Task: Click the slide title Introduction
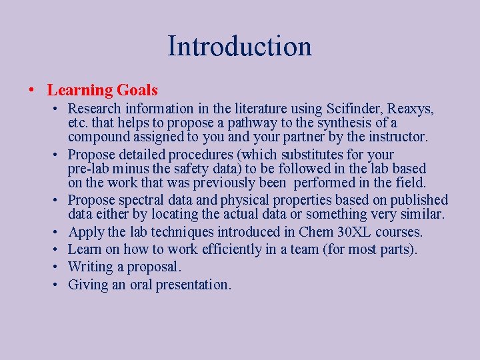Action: [x=239, y=47]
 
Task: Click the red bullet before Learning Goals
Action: [x=33, y=90]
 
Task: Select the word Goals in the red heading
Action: [x=137, y=90]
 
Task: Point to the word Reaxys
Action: [x=411, y=108]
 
